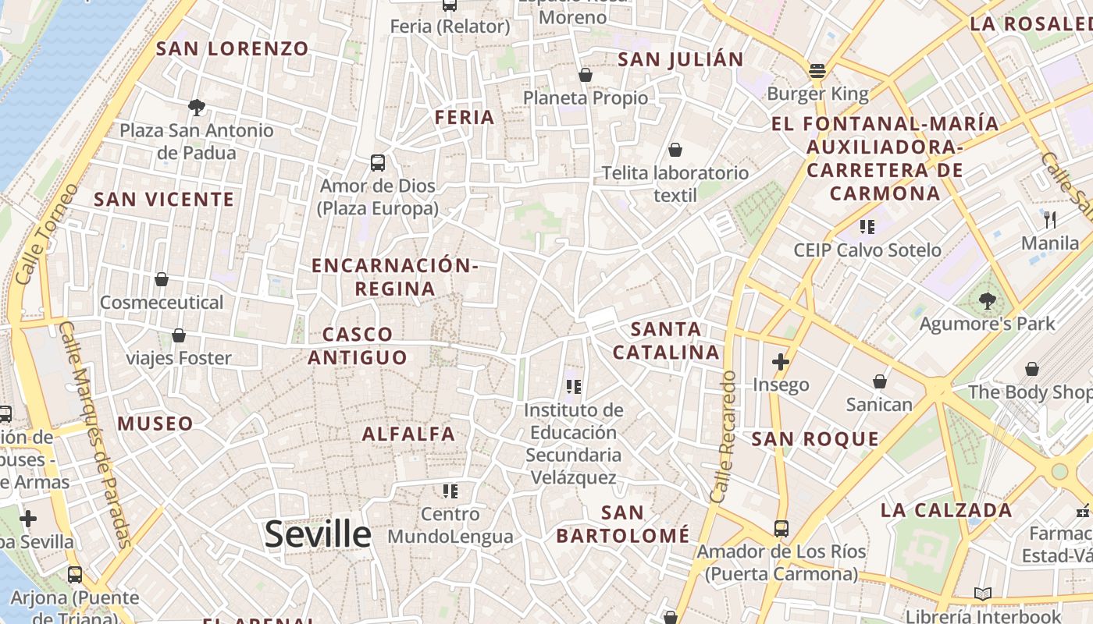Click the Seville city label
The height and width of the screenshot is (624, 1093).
(x=318, y=534)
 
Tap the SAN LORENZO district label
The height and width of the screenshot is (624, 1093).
(x=233, y=48)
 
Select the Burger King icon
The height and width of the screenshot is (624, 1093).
(x=817, y=72)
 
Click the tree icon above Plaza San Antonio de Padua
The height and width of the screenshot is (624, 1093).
(x=197, y=108)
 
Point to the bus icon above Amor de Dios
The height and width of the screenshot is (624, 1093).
(x=378, y=163)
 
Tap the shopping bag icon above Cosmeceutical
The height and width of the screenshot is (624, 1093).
(x=162, y=279)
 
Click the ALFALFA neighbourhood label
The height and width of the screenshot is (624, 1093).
(x=408, y=434)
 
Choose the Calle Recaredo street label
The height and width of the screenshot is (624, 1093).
(x=724, y=437)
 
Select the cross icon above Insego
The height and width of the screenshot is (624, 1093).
(x=780, y=362)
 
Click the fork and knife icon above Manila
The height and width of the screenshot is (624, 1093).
(x=1050, y=220)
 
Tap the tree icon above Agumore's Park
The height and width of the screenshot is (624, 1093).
(x=987, y=300)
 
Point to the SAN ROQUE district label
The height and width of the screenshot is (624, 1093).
(x=815, y=439)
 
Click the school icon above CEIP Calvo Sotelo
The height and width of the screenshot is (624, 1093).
(x=867, y=227)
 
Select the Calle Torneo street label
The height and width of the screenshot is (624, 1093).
(x=47, y=234)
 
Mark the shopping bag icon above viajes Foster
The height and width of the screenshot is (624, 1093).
(x=179, y=335)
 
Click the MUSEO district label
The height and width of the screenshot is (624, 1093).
(x=155, y=424)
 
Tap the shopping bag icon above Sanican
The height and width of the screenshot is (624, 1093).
(x=880, y=381)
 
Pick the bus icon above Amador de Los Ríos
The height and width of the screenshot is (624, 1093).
(x=781, y=529)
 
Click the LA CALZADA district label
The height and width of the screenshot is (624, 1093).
(x=946, y=511)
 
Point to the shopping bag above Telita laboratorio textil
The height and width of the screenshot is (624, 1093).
(x=675, y=150)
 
